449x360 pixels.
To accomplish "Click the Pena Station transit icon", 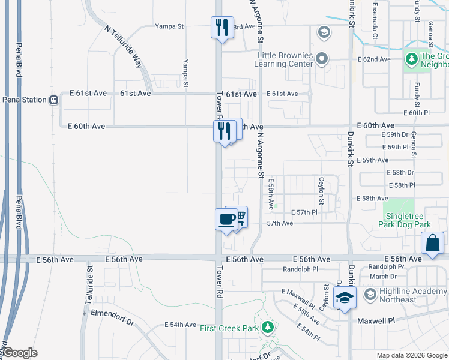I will click(53, 100).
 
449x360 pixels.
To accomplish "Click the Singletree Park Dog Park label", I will click(405, 220).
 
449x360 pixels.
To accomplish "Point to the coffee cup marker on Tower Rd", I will click(226, 219).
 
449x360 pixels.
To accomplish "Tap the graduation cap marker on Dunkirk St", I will click(345, 298).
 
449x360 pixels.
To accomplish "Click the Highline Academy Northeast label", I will click(406, 295).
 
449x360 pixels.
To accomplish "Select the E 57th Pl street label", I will click(304, 212).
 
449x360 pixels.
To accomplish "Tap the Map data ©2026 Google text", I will click(411, 355).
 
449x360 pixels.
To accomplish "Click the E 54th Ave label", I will click(181, 325).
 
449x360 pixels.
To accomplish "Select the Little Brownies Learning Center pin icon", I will click(322, 59).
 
